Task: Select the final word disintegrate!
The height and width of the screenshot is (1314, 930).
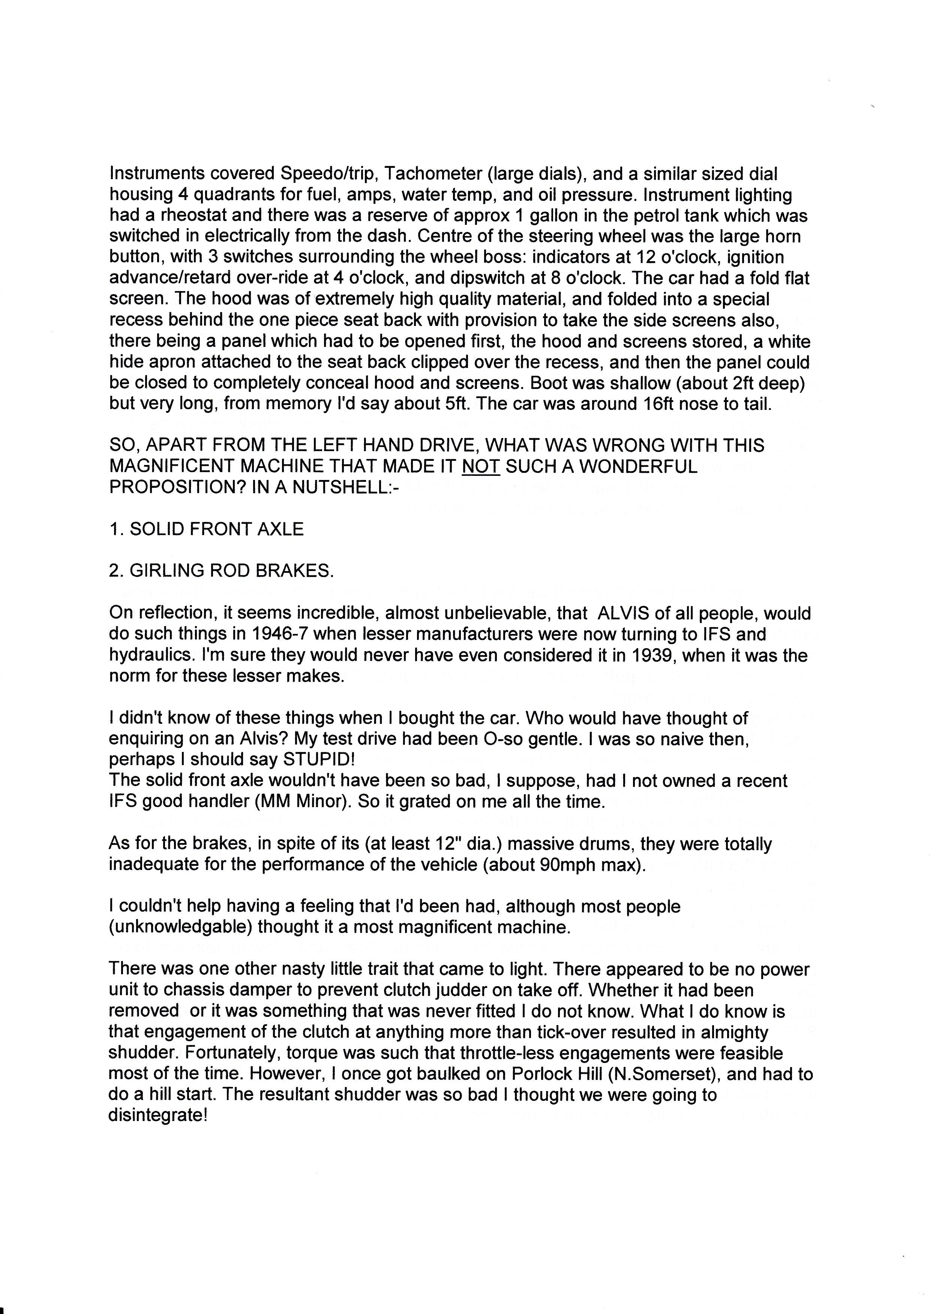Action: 157,1116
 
